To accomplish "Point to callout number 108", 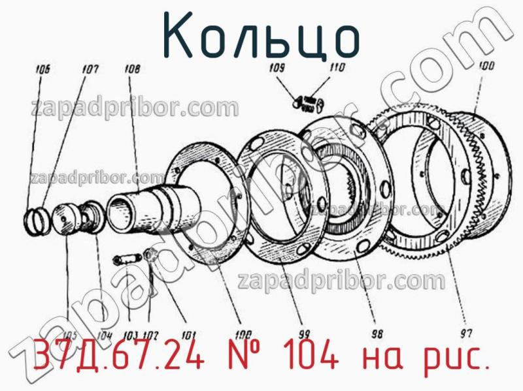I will [131, 66].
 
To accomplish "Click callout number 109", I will [277, 68].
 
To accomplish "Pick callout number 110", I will [337, 67].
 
